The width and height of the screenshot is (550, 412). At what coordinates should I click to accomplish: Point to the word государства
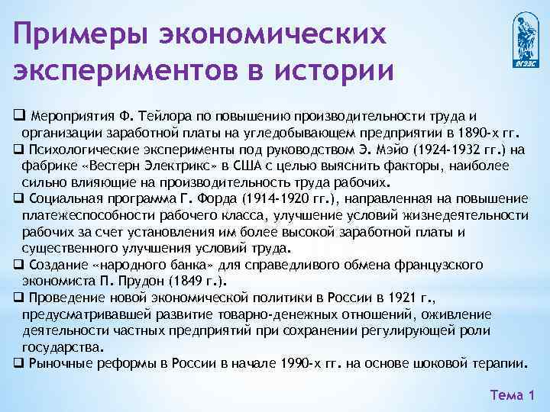[63, 346]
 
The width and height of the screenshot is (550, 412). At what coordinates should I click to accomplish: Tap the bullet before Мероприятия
[17, 115]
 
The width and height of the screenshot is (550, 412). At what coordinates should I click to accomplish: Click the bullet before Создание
[17, 265]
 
